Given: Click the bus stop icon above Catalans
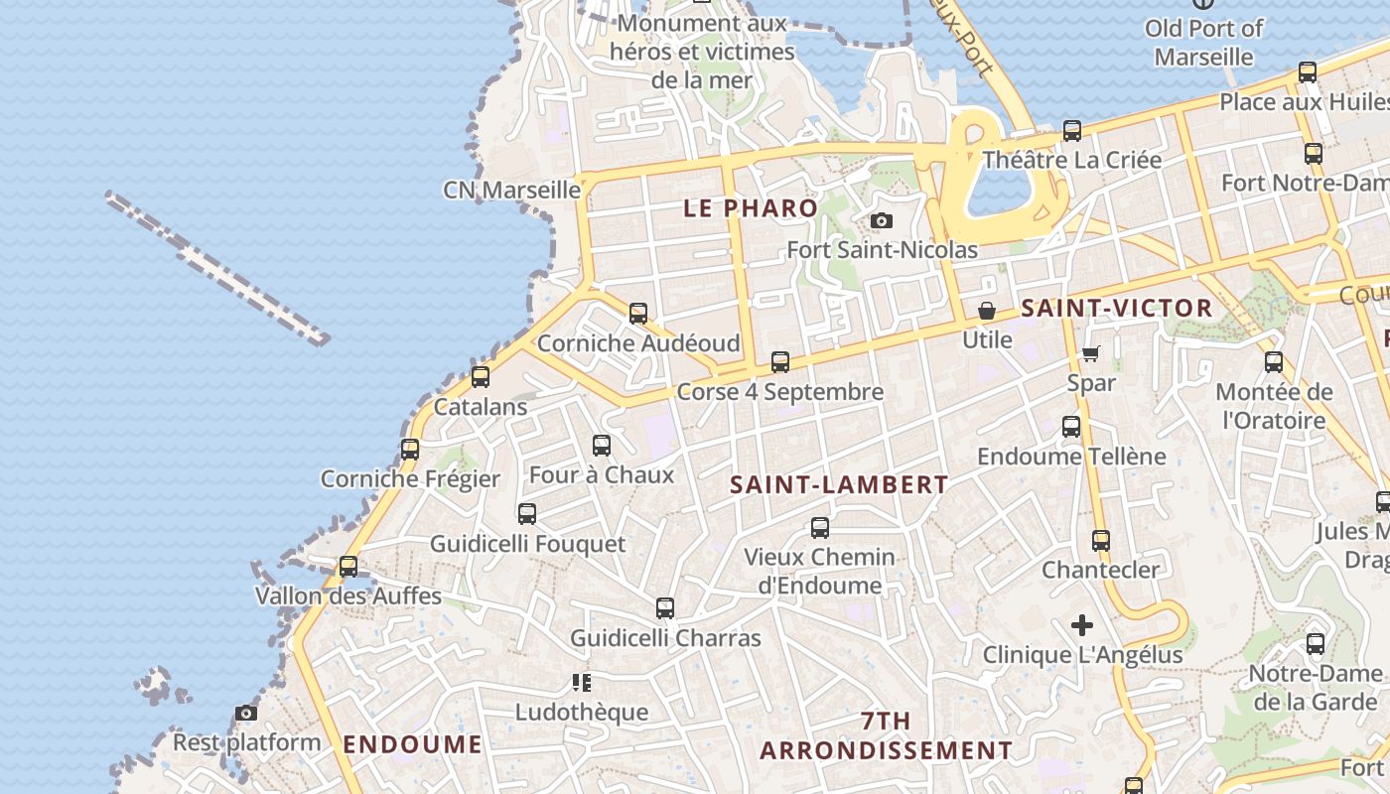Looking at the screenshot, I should point(481,376).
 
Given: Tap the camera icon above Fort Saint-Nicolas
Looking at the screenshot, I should point(881,220).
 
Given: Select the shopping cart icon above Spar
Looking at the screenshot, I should point(1090,353).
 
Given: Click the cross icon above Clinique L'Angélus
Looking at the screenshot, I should point(1082,625).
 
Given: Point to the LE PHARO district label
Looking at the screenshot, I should point(751,208).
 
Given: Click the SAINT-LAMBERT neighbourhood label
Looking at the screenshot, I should point(839,484).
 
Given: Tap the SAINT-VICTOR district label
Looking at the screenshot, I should point(1116,308).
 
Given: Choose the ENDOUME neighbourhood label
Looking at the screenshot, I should point(412,744).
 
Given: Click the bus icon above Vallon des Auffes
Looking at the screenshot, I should point(348,567).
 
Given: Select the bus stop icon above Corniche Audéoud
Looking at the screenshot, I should point(638,314).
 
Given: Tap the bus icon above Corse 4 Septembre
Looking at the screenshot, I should point(780,362).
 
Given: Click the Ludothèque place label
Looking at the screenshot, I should point(581,712).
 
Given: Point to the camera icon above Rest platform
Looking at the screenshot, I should point(246,713).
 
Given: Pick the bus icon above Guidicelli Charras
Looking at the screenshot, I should point(665,608).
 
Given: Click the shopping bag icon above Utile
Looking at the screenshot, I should point(987,311).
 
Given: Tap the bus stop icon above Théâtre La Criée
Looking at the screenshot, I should point(1072,130).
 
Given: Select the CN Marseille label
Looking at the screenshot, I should point(511,190).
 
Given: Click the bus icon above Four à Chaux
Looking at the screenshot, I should point(602,446).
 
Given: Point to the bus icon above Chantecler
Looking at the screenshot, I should point(1100,541).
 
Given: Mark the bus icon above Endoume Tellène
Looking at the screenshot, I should point(1071,427).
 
